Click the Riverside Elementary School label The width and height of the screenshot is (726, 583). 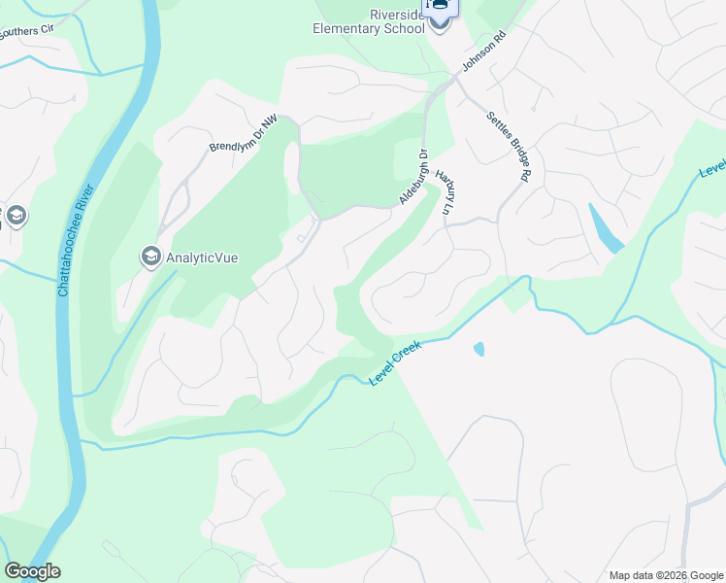[x=369, y=21]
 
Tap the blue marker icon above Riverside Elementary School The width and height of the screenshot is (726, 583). [x=439, y=8]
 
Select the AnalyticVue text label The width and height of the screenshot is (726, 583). [x=202, y=257]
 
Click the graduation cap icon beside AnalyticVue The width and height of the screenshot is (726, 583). [x=150, y=257]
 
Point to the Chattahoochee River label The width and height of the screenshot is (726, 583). [x=77, y=239]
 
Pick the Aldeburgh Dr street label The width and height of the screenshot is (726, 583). [x=412, y=177]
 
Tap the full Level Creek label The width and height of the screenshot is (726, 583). [x=395, y=362]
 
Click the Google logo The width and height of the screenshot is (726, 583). [x=32, y=571]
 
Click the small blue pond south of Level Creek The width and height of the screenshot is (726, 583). [x=478, y=349]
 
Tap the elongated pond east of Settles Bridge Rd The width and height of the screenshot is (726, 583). [x=605, y=229]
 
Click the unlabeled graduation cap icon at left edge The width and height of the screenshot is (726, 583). [x=16, y=216]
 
